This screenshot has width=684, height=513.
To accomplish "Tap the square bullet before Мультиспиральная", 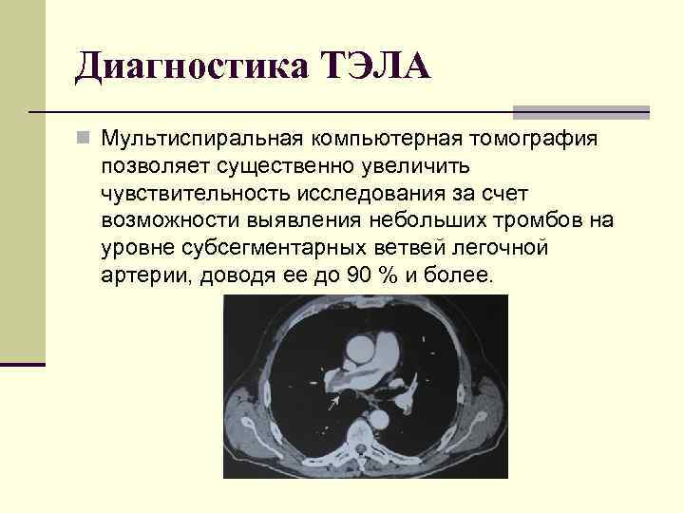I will (85, 139).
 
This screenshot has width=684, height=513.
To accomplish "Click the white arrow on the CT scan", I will (332, 404).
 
